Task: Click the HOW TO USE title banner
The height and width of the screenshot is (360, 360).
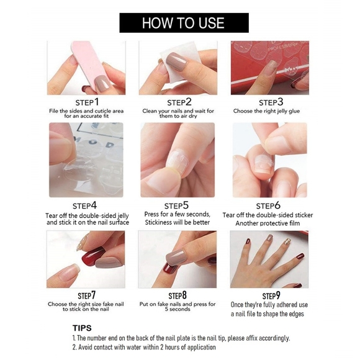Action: tap(184, 23)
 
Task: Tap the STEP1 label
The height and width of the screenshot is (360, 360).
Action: tap(87, 102)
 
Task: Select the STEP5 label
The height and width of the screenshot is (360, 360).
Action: tap(176, 205)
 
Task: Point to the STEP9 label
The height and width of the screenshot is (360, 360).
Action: tap(271, 295)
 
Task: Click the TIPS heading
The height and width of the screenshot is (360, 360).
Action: tap(82, 328)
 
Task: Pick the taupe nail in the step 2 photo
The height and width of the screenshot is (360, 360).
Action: tap(177, 61)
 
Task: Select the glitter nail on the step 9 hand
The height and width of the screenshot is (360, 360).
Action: tap(287, 241)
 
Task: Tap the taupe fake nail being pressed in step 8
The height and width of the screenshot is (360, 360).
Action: tap(176, 257)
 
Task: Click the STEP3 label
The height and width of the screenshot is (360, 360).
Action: tap(271, 102)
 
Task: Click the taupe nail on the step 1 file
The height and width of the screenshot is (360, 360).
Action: tap(102, 83)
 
